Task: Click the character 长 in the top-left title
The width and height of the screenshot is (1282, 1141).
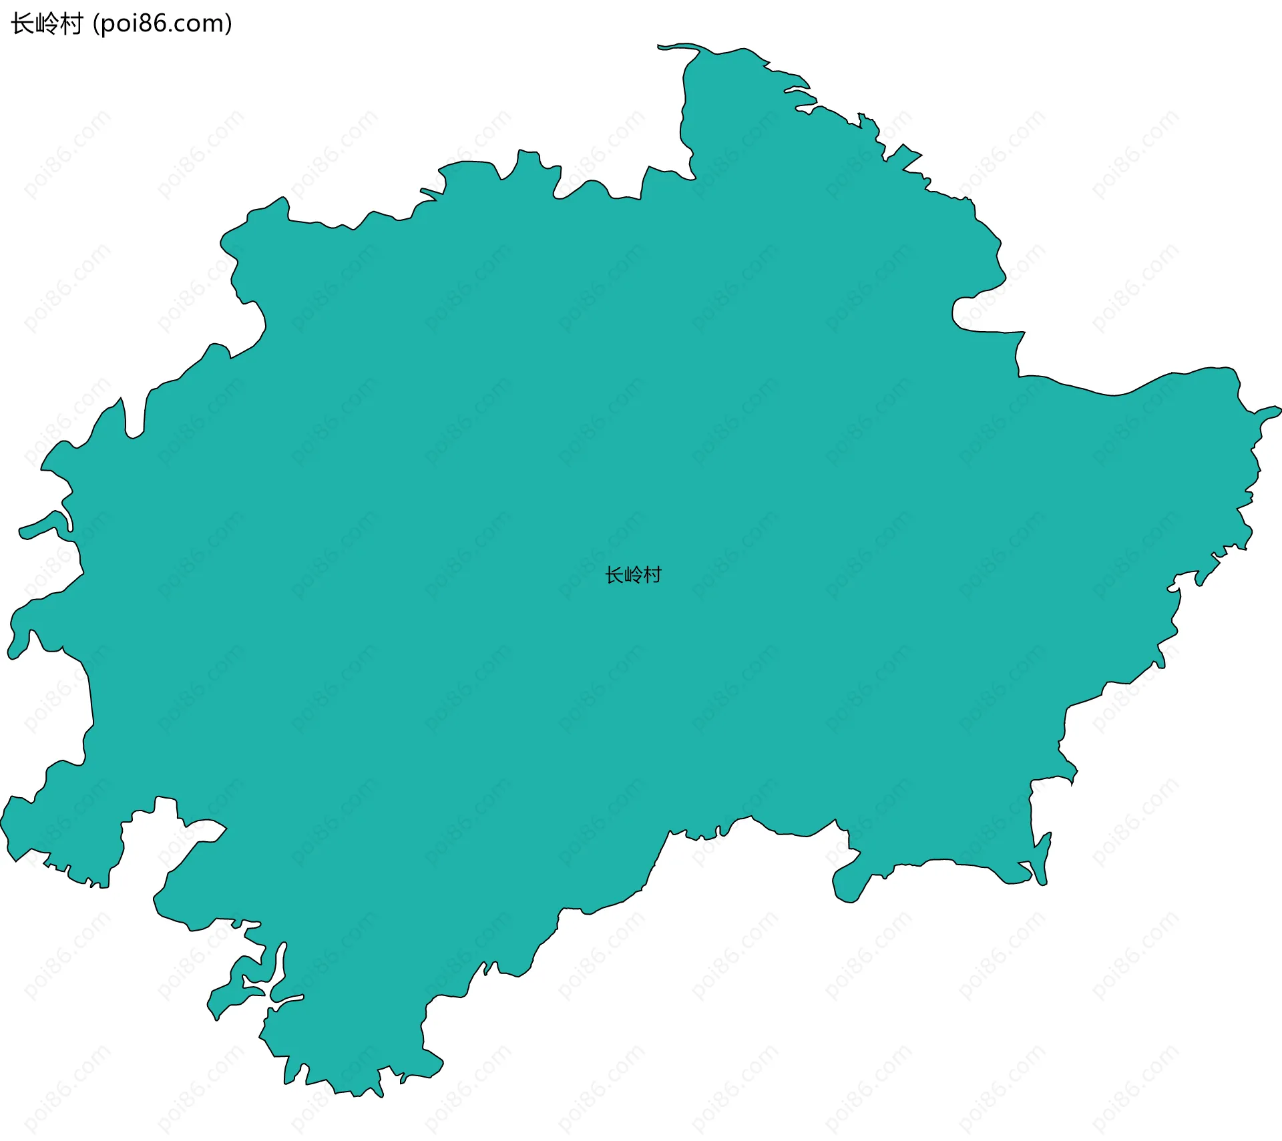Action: point(22,24)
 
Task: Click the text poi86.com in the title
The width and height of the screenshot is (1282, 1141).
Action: point(162,24)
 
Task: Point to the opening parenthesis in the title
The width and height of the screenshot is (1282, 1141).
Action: point(96,24)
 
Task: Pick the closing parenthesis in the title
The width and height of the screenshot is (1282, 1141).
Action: point(229,24)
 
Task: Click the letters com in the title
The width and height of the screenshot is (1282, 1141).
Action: point(200,24)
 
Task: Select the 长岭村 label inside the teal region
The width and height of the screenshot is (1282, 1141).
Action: point(633,575)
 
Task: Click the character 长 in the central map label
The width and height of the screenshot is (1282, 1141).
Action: point(614,575)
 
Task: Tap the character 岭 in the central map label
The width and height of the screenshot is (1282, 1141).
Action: point(633,575)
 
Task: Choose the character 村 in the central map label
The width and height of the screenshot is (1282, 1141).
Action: point(652,575)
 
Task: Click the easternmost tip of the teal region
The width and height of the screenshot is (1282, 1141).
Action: point(1279,411)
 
